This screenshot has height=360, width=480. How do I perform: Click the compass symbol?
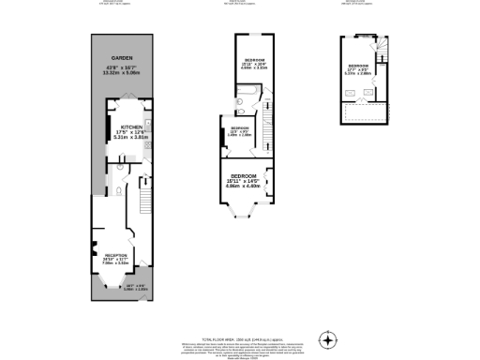pyautogui.click(x=327, y=338)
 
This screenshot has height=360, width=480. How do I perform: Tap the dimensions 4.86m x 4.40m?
pyautogui.click(x=245, y=185)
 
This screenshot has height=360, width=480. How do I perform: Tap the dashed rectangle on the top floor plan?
pyautogui.click(x=362, y=113)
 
